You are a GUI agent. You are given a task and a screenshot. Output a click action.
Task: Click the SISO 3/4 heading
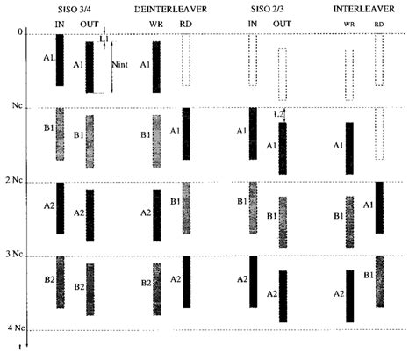tap(75, 10)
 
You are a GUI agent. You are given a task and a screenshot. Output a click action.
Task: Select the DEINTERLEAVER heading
tap(170, 10)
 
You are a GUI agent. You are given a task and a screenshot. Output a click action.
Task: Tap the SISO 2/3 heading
tap(267, 9)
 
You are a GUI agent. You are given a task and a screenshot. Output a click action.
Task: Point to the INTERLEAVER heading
tap(364, 9)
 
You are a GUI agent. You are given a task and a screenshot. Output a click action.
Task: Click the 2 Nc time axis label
tap(14, 180)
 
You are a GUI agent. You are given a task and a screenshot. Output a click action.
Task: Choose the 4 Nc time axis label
tap(17, 328)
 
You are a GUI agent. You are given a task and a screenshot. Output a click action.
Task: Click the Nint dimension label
tap(120, 64)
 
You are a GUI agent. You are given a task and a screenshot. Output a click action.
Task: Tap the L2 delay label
tap(278, 114)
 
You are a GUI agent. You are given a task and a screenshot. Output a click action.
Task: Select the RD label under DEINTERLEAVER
tap(186, 24)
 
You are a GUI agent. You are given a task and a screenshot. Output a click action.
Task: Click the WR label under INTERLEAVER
tap(349, 25)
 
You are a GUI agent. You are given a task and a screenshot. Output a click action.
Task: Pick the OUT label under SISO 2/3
tap(282, 24)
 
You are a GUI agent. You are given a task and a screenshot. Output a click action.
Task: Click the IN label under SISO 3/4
tap(60, 25)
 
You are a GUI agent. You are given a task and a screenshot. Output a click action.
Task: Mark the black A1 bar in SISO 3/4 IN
tap(60, 60)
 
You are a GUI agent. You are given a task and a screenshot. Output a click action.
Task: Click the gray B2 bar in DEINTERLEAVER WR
tap(157, 289)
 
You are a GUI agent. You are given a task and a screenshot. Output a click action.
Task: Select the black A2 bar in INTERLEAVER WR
tap(350, 296)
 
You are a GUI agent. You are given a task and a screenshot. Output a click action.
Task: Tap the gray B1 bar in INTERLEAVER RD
tap(380, 282)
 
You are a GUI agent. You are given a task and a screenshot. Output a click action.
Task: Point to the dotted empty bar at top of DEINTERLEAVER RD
tap(186, 60)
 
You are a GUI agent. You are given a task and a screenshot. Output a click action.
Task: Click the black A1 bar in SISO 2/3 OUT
tap(283, 148)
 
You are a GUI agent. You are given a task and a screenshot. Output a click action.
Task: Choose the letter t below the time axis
tap(20, 347)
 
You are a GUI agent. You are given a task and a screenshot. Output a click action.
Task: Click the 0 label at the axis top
tap(20, 32)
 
